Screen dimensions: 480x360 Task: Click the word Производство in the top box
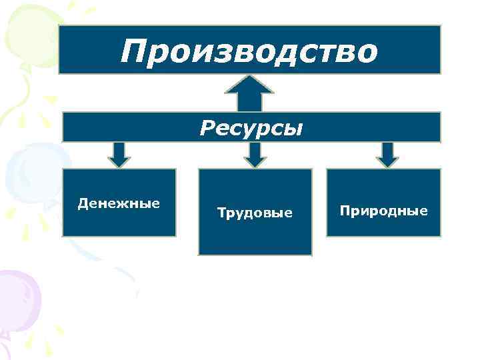pyautogui.click(x=249, y=51)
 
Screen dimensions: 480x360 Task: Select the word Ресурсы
pyautogui.click(x=251, y=127)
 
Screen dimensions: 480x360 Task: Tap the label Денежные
pyautogui.click(x=119, y=203)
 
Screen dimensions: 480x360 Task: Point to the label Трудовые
pyautogui.click(x=255, y=213)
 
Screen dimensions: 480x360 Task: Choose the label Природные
pyautogui.click(x=383, y=211)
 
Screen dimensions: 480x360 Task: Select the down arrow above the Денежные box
pyautogui.click(x=119, y=155)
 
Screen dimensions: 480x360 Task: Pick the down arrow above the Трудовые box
pyautogui.click(x=255, y=155)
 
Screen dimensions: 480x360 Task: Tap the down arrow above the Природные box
pyautogui.click(x=387, y=155)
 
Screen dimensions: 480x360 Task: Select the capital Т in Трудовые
pyautogui.click(x=221, y=213)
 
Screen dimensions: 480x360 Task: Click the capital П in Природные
pyautogui.click(x=345, y=211)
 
